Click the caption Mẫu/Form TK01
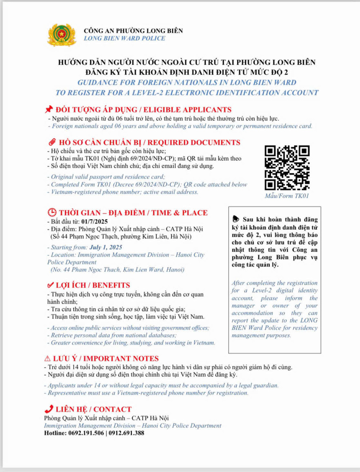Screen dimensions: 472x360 click(x=287, y=195)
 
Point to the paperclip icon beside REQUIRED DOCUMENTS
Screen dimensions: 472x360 click(x=49, y=142)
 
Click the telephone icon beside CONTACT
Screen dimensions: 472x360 click(x=49, y=409)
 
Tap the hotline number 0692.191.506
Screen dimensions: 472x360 click(x=87, y=433)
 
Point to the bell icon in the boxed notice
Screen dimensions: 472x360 click(x=235, y=218)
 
